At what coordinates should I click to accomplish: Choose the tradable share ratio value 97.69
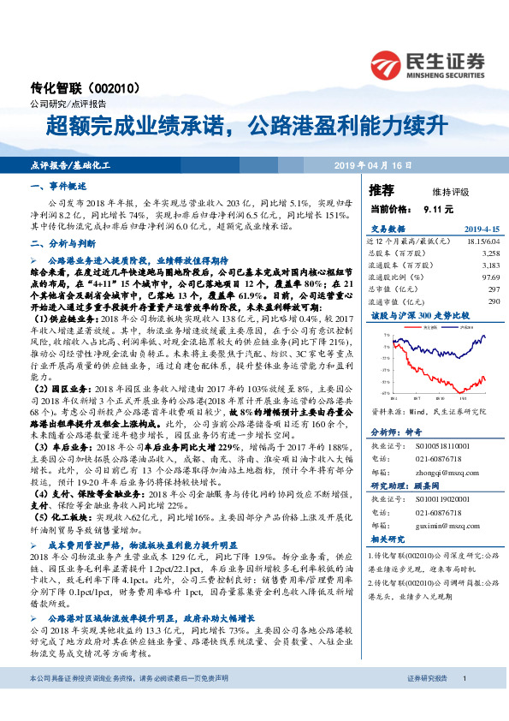pyautogui.click(x=488, y=277)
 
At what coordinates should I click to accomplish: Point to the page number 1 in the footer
pyautogui.click(x=464, y=701)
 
